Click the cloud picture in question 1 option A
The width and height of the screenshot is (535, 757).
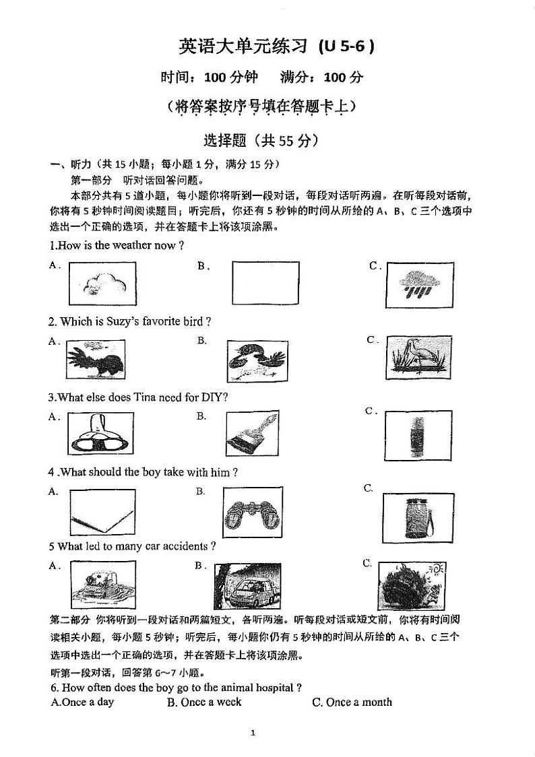[x=102, y=284]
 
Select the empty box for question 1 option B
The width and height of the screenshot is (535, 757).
[x=265, y=283]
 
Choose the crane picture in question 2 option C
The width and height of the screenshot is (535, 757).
[x=418, y=357]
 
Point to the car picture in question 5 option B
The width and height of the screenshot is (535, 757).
[x=247, y=586]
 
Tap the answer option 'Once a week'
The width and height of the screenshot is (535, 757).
[x=204, y=702]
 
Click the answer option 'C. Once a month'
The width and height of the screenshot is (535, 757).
[x=352, y=702]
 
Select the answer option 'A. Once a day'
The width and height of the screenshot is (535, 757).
[x=83, y=702]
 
